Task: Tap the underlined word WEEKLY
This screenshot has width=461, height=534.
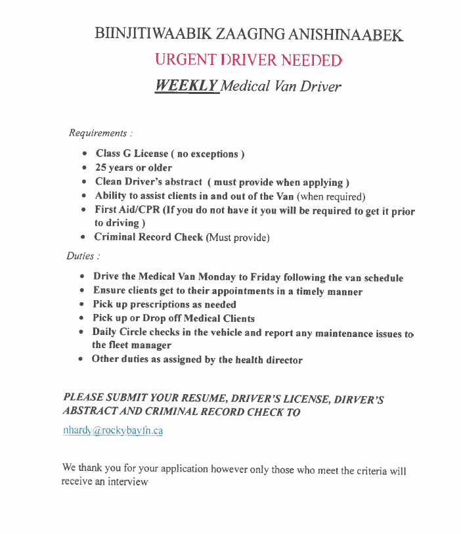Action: click(x=186, y=86)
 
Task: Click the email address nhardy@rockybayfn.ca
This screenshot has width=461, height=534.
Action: click(x=112, y=431)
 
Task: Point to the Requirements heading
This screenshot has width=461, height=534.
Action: click(x=97, y=133)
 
